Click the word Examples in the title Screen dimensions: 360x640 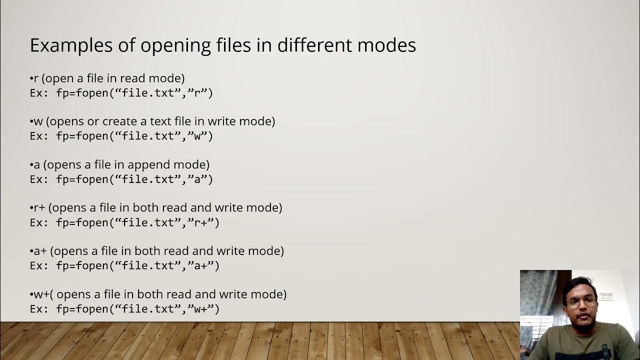[65, 45]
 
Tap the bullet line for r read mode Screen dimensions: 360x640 [107, 78]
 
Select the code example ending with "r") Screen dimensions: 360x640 [121, 93]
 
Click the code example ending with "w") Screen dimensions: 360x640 [121, 136]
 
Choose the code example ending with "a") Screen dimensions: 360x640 [121, 179]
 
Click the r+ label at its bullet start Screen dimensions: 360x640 [39, 207]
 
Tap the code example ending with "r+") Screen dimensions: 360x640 [124, 222]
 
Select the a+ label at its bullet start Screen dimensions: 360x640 [40, 251]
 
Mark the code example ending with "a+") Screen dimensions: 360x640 [124, 265]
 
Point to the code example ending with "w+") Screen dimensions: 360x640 [124, 309]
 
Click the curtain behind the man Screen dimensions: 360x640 [537, 295]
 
